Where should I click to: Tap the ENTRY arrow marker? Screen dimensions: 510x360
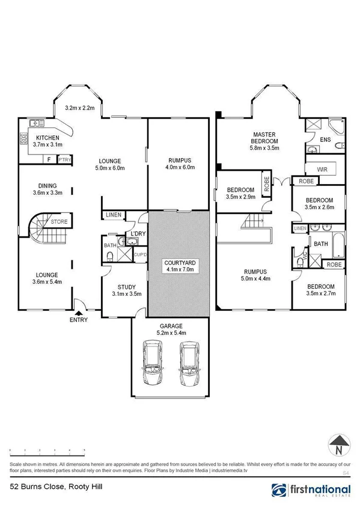click(x=79, y=313)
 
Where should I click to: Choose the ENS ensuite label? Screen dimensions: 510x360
click(x=325, y=140)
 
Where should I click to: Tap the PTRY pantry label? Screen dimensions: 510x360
click(x=64, y=159)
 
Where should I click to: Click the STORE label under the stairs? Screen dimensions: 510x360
click(x=59, y=222)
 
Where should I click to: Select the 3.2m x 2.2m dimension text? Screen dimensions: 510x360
click(x=80, y=109)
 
